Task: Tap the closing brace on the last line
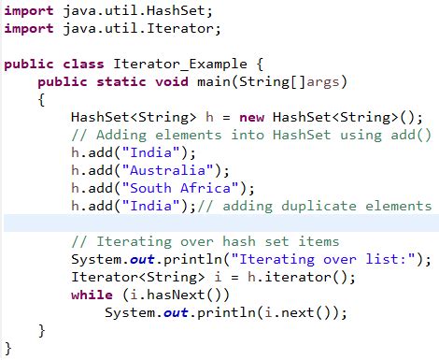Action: tap(7, 348)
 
